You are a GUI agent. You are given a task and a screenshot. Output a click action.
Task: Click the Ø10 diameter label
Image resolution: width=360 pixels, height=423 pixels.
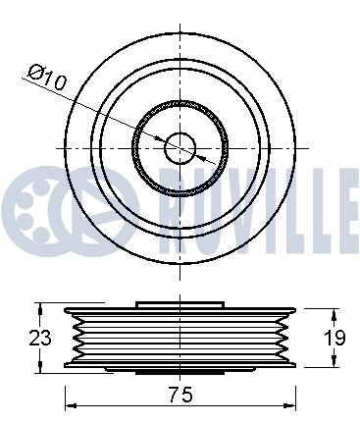pyautogui.click(x=48, y=78)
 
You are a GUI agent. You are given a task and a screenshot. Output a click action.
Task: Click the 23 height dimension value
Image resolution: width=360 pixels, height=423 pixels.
pyautogui.click(x=40, y=338)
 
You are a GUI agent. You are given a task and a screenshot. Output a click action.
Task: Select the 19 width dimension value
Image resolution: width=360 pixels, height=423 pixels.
pyautogui.click(x=334, y=338)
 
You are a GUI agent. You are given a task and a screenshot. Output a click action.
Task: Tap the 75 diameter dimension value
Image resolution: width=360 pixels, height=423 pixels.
pyautogui.click(x=180, y=395)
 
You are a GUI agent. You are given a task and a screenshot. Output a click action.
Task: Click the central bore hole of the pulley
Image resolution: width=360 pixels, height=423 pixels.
pyautogui.click(x=180, y=148)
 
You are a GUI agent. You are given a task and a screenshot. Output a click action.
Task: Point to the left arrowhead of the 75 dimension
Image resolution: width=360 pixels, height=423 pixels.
pyautogui.click(x=71, y=405)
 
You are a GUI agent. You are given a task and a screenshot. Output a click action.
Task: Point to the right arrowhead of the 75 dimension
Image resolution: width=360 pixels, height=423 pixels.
pyautogui.click(x=290, y=405)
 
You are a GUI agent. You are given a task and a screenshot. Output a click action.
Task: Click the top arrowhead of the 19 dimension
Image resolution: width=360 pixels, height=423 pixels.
pyautogui.click(x=334, y=315)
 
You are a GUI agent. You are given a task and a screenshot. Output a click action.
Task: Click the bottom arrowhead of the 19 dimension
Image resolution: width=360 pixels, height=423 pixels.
pyautogui.click(x=334, y=361)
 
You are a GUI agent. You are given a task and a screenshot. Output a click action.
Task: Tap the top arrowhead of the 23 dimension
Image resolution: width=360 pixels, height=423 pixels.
pyautogui.click(x=40, y=309)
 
